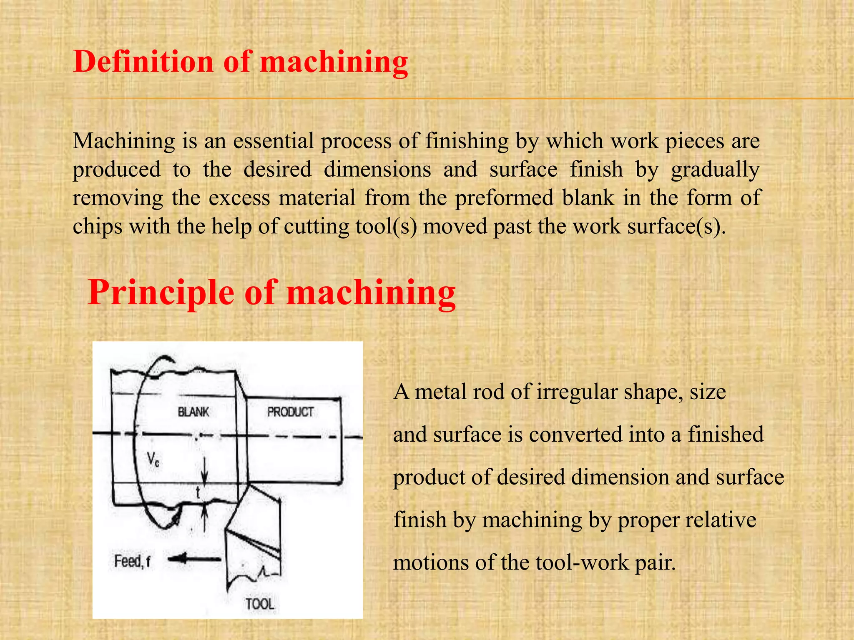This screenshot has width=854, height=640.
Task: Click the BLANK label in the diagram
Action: coord(193,412)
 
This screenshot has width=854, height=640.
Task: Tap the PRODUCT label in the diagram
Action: coord(290,412)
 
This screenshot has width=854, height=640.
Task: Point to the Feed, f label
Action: coord(132,562)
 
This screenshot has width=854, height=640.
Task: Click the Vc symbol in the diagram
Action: coord(153,460)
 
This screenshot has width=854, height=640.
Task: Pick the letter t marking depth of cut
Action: coord(198,493)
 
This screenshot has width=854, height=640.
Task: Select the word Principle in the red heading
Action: coord(161,292)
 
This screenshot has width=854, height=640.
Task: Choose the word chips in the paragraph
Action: coord(98,227)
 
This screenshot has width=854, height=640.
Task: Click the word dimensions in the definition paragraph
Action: coord(377,170)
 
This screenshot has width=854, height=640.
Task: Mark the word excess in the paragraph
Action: coord(239,198)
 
